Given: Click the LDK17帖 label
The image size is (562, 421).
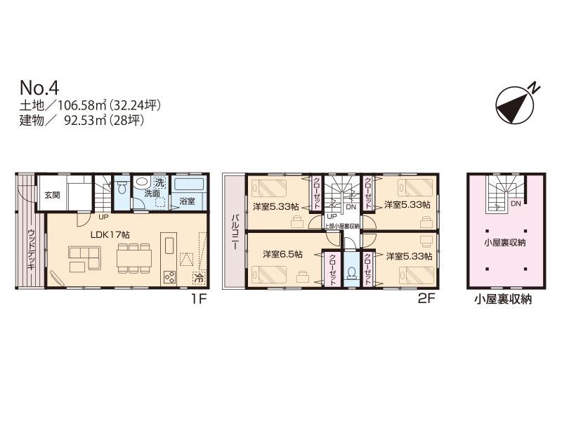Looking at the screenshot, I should coord(105,234).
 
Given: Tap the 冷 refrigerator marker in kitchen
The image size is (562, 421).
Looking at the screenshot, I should coord(199,279).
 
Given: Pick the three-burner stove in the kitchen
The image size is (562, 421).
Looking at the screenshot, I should coord(169,276).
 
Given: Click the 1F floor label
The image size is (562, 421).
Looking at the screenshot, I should coord(198,298).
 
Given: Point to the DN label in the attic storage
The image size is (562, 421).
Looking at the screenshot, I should coord(515,204).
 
